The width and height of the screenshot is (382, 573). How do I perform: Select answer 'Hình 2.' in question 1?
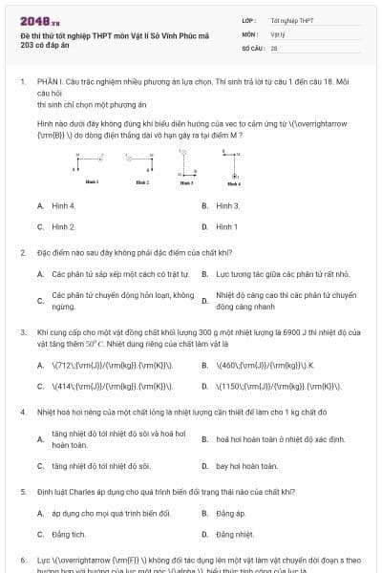(x=63, y=226)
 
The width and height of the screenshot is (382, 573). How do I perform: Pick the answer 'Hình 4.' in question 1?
(x=63, y=205)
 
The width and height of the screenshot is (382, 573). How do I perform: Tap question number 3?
(x=22, y=330)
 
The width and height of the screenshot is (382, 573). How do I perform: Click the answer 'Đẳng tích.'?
(x=69, y=534)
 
